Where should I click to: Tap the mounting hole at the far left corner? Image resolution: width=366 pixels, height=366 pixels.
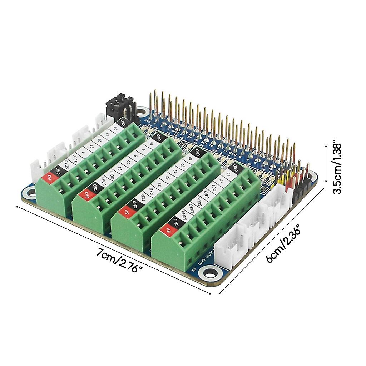[31, 192]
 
